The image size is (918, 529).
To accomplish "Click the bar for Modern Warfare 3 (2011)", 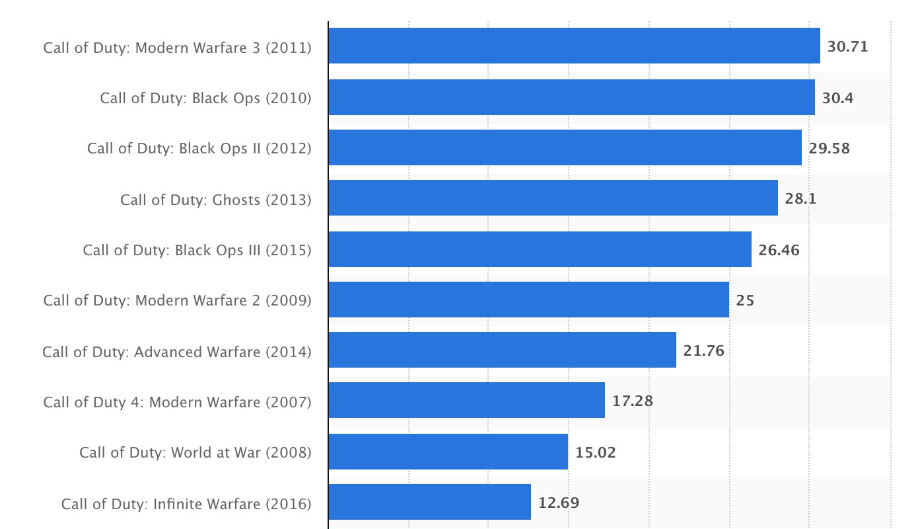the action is click(x=574, y=46).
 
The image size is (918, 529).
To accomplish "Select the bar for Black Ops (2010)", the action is click(x=572, y=97).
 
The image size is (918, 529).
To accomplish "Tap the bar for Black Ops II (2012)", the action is click(x=565, y=147).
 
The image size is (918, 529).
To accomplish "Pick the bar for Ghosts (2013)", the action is click(x=553, y=198).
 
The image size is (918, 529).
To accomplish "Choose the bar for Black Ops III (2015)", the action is click(x=540, y=249).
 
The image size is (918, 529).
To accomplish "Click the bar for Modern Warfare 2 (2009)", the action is click(x=528, y=300).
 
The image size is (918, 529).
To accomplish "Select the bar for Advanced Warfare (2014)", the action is click(x=503, y=350).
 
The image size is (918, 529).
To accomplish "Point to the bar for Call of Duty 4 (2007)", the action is click(x=467, y=400).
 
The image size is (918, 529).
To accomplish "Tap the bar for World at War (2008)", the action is click(x=448, y=452).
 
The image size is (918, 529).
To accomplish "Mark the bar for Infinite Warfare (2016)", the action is click(x=430, y=502).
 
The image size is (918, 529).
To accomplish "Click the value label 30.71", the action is click(x=847, y=47).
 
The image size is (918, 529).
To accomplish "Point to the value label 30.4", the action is click(x=837, y=98).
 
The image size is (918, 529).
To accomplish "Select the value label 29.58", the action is click(x=829, y=149).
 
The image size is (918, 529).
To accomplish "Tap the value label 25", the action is click(x=745, y=300).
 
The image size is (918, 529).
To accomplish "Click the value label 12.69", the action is click(x=559, y=503).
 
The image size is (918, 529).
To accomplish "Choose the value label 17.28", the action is click(x=632, y=401).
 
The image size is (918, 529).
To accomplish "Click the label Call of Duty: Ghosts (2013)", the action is click(x=216, y=200).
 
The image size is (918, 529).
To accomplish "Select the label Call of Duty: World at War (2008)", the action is click(x=195, y=453).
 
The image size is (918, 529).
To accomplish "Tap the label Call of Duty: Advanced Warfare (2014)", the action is click(x=177, y=352).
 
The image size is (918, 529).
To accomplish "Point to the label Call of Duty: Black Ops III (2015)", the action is click(x=197, y=251).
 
